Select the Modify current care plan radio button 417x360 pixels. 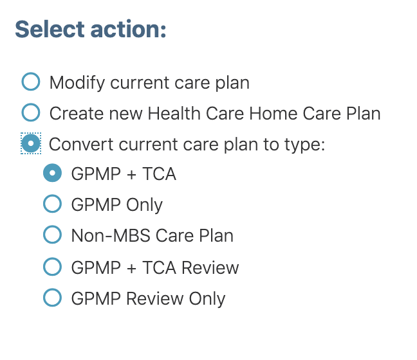(x=31, y=82)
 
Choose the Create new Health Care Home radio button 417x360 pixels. (x=31, y=113)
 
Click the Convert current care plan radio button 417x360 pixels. (x=31, y=143)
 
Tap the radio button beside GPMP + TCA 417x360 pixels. (x=52, y=173)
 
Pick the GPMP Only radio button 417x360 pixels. (x=52, y=204)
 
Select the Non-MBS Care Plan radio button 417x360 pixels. (x=52, y=235)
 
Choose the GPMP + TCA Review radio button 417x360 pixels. (x=52, y=267)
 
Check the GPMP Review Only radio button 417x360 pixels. (x=52, y=298)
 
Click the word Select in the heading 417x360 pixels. (x=50, y=29)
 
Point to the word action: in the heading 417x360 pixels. (x=129, y=29)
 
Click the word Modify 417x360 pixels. (x=77, y=83)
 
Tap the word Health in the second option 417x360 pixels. (x=174, y=114)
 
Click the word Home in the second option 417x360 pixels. (x=273, y=114)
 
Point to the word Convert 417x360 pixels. (x=81, y=145)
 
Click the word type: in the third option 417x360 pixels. (x=305, y=145)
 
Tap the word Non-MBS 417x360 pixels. (x=111, y=236)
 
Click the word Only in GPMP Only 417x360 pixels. (x=144, y=206)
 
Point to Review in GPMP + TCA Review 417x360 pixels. (x=210, y=267)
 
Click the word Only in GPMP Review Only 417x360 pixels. (x=207, y=300)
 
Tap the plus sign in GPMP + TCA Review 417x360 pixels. (x=132, y=268)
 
